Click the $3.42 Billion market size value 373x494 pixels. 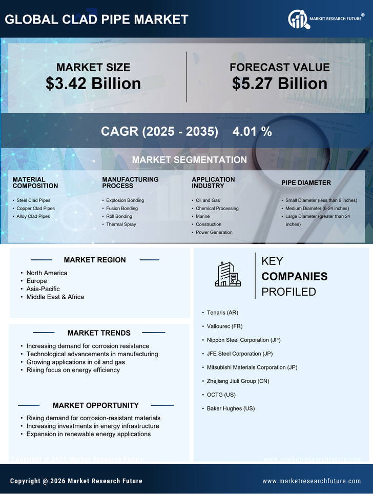(x=93, y=84)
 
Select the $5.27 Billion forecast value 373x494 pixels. (x=279, y=84)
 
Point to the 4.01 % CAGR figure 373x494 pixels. (x=252, y=131)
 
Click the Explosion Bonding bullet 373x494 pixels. (x=125, y=200)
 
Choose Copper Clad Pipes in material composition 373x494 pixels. (x=35, y=209)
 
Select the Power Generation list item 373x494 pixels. (x=214, y=233)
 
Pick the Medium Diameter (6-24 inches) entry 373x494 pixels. (x=317, y=209)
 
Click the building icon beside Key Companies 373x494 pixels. (x=227, y=275)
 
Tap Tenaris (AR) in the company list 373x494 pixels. (x=222, y=312)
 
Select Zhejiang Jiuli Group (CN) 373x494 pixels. (x=238, y=381)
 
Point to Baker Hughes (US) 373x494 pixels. (x=231, y=408)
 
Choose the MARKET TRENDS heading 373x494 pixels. (x=99, y=333)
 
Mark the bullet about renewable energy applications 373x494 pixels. (x=88, y=434)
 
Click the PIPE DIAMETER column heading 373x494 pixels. (x=306, y=183)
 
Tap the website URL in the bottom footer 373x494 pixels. (x=312, y=481)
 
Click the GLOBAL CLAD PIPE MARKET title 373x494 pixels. (x=96, y=20)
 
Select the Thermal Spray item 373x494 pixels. (x=121, y=224)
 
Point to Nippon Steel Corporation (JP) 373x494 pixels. (x=243, y=340)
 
